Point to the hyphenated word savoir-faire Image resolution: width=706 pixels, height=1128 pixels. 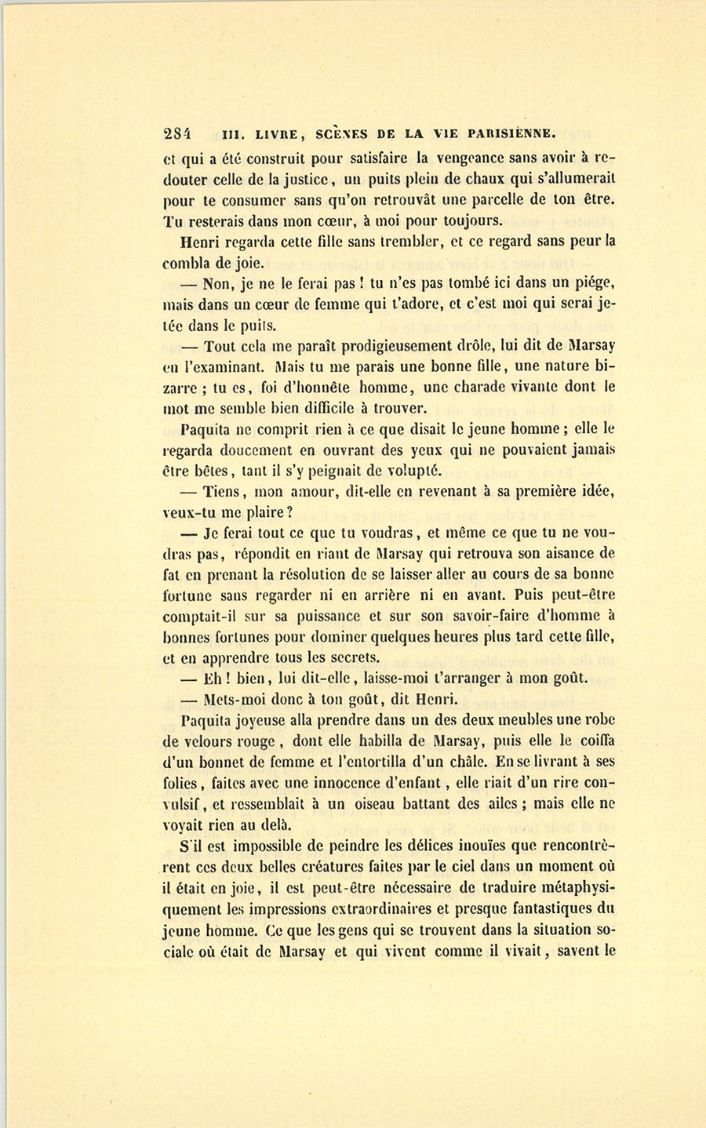coord(482,616)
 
